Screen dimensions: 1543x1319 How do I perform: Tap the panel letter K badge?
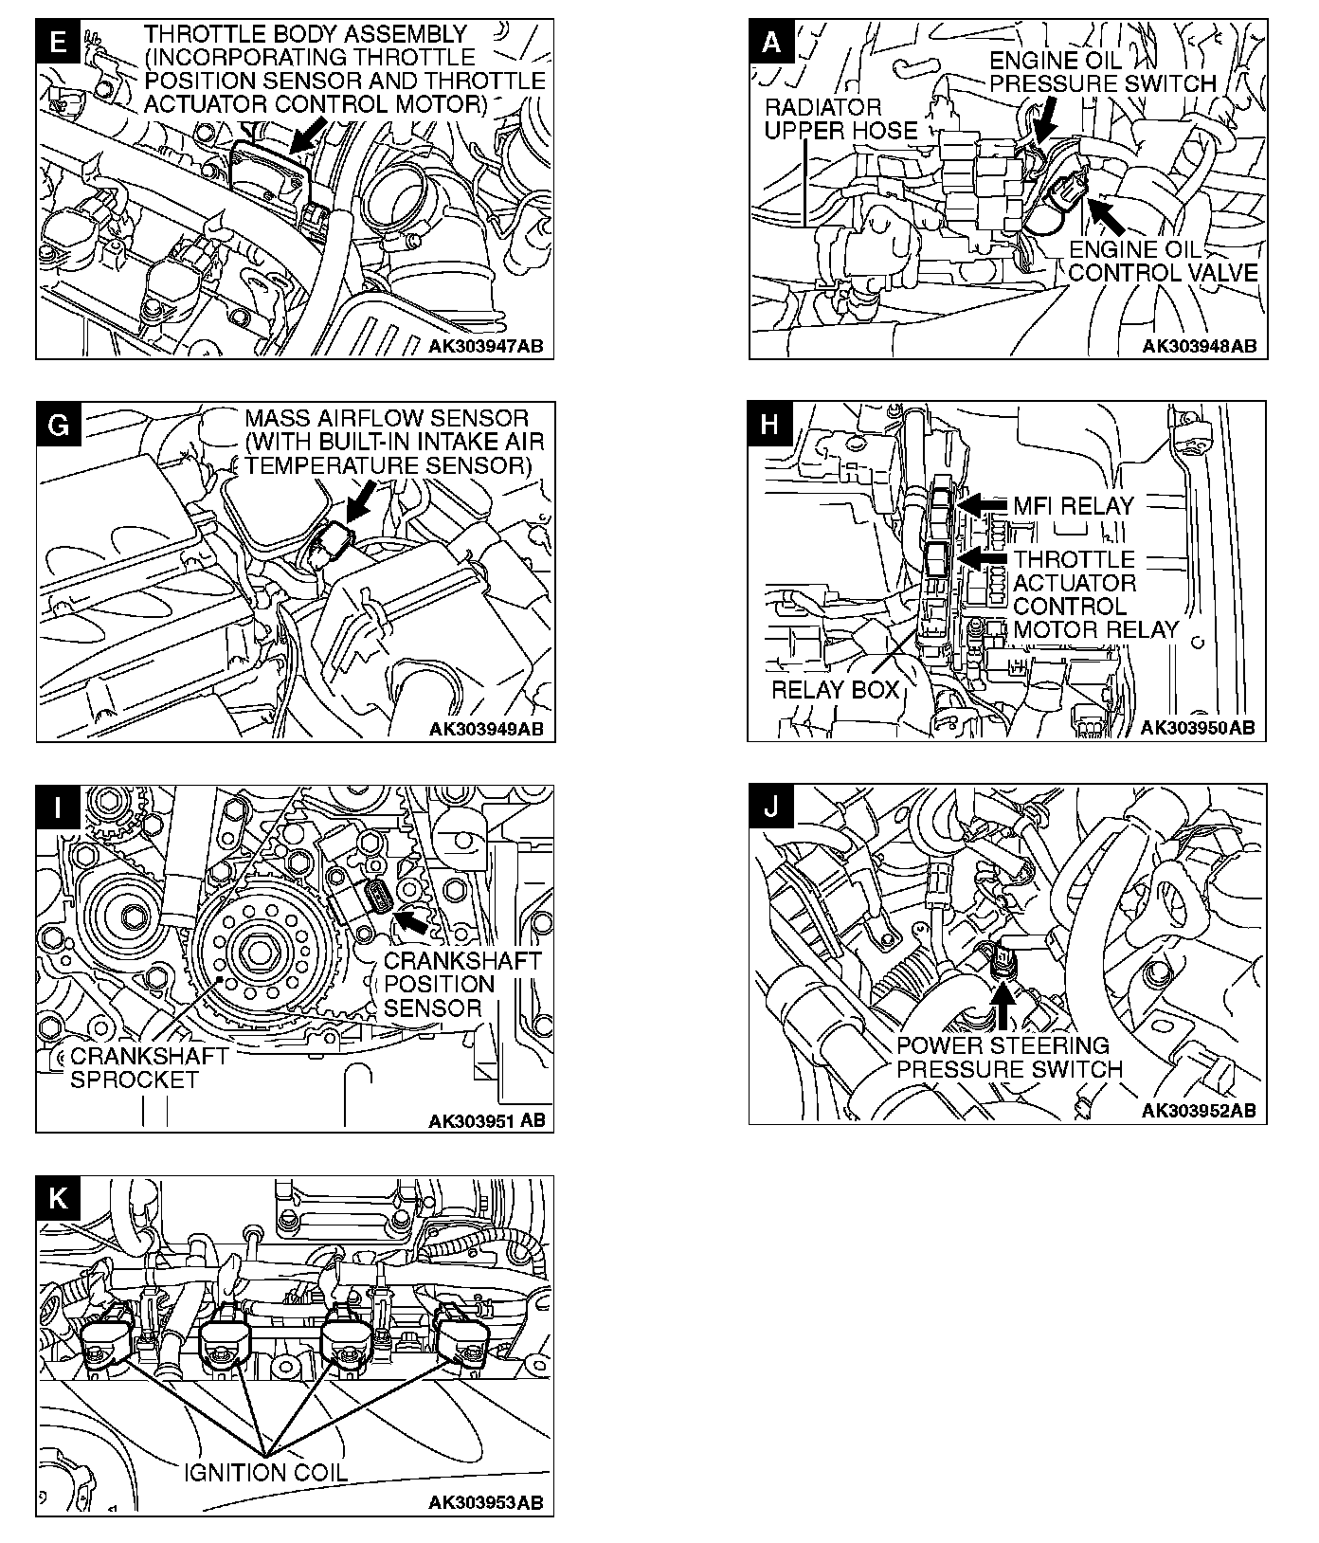pos(57,1199)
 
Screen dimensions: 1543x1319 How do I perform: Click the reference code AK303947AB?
pos(486,346)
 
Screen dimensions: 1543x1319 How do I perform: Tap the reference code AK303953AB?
pos(486,1502)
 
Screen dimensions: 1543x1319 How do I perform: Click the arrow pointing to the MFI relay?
pos(985,504)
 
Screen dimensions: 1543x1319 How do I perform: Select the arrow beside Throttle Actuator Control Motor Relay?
pos(985,559)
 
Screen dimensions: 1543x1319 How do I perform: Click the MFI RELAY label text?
pos(1074,505)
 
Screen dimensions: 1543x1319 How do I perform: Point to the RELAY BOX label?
pos(835,689)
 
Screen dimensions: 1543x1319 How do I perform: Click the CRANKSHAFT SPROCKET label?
pos(149,1068)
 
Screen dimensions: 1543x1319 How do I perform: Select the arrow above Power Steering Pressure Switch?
pos(1002,1007)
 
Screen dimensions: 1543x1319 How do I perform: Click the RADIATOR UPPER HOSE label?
pos(840,118)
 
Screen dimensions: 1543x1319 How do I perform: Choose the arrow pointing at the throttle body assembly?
pos(308,135)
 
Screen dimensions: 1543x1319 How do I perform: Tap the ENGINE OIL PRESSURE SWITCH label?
pos(1102,71)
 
